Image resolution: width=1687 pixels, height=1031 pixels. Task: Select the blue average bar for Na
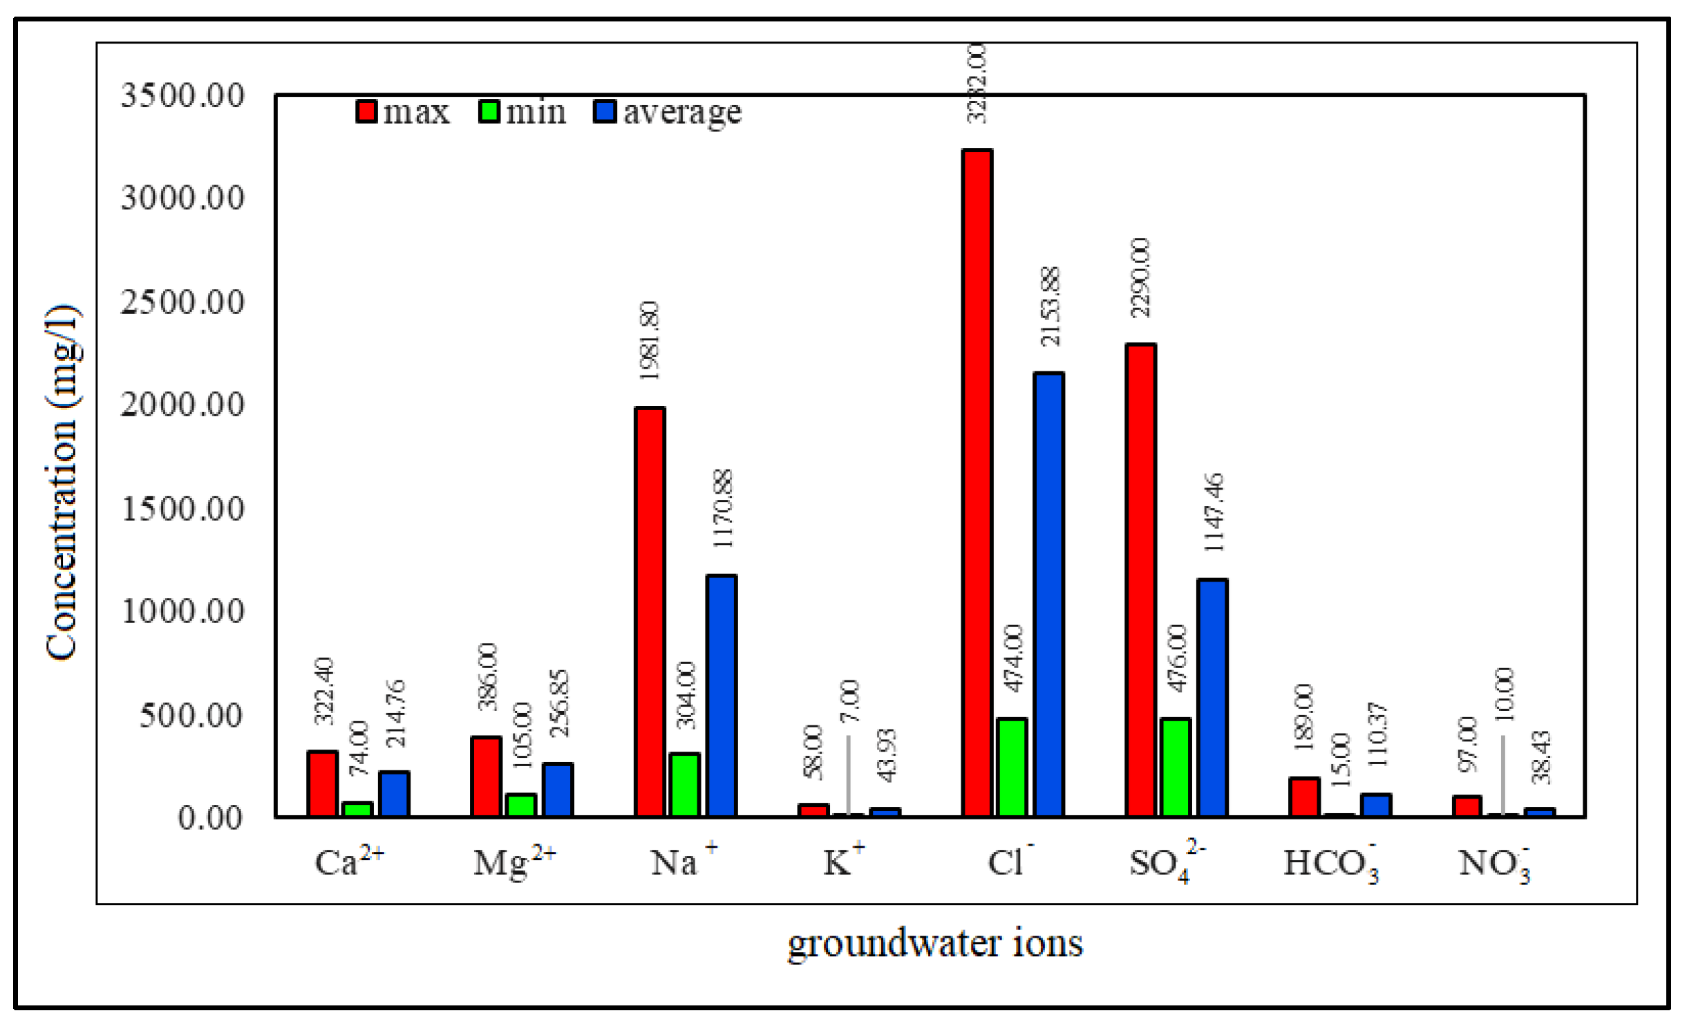(x=722, y=696)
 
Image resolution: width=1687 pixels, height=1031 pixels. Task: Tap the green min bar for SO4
(x=1176, y=768)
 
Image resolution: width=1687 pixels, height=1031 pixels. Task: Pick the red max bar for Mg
(x=486, y=777)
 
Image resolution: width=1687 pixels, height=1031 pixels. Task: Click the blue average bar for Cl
(x=1048, y=595)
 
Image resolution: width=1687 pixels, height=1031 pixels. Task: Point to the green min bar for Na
(x=685, y=785)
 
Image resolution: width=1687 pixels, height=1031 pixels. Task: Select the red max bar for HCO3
(x=1304, y=797)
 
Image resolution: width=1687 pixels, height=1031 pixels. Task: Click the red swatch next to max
(x=366, y=111)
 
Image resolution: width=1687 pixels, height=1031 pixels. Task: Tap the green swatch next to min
(x=489, y=111)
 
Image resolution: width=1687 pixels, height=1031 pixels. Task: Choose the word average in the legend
(x=682, y=113)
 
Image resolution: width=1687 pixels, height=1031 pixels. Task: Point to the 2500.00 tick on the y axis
(x=182, y=302)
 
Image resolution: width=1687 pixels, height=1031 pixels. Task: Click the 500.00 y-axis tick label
(x=191, y=715)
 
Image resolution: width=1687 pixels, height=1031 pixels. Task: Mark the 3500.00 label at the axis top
(x=182, y=95)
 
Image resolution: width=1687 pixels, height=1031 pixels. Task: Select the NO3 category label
(x=1493, y=864)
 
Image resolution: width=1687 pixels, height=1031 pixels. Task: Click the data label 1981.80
(x=650, y=340)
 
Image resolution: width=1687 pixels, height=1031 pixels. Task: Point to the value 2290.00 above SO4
(x=1141, y=277)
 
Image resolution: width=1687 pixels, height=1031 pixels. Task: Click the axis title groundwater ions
(x=935, y=944)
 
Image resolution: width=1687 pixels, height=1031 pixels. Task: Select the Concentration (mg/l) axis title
(x=62, y=482)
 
